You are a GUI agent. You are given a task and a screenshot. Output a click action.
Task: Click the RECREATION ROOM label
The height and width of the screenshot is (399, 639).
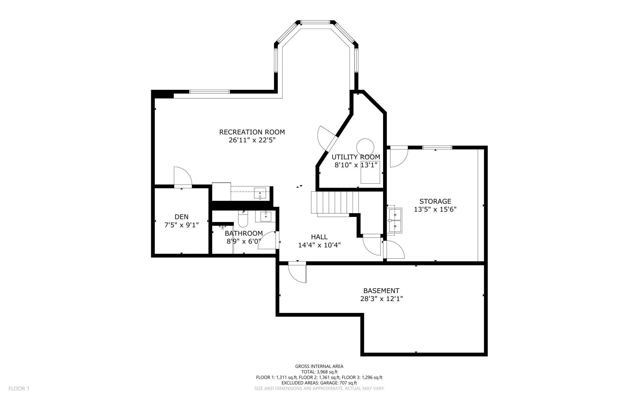(252, 132)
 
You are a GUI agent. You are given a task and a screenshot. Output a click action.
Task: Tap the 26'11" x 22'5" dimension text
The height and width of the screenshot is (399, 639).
(252, 140)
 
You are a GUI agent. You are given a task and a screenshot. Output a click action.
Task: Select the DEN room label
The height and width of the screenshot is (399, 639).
(182, 217)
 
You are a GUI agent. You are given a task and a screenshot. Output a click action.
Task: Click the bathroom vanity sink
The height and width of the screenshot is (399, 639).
(266, 216)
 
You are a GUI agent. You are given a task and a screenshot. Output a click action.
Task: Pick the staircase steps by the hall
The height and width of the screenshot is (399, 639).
(335, 202)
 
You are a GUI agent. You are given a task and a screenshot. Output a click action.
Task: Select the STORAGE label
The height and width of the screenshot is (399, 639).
(435, 201)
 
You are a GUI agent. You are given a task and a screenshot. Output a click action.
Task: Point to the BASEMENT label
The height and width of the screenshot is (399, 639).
(381, 291)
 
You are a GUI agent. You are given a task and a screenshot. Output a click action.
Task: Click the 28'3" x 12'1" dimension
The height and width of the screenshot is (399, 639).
(381, 299)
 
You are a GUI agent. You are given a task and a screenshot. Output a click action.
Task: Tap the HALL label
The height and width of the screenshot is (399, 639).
(319, 237)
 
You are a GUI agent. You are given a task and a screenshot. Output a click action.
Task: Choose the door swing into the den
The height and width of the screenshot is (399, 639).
(182, 176)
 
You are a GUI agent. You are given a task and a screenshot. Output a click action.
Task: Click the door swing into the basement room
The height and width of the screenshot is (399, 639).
(297, 272)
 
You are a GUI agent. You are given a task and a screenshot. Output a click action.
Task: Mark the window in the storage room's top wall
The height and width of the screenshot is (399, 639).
(437, 147)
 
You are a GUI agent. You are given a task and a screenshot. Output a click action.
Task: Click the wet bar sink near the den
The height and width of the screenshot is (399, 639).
(260, 194)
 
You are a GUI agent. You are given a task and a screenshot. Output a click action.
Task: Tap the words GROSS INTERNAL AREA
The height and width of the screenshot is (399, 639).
(319, 366)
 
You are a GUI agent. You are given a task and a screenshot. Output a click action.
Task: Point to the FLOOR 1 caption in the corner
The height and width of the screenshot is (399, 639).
(19, 389)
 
